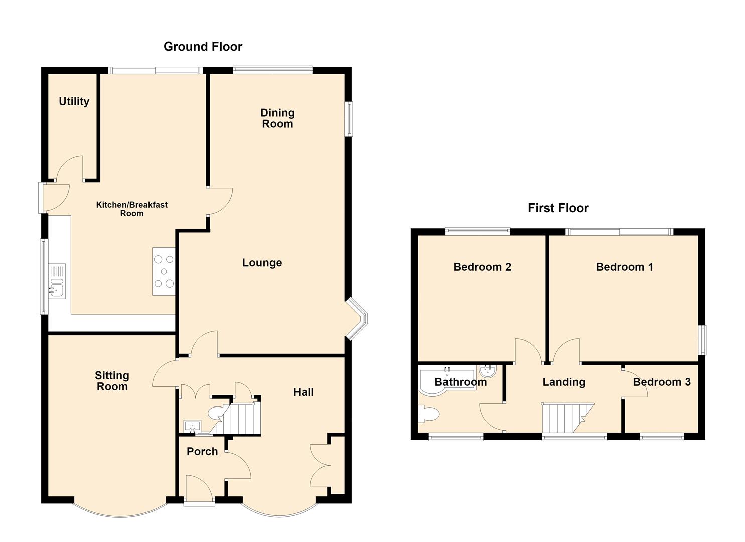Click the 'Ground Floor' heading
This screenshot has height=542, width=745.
click(203, 47)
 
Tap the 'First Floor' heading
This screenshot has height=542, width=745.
click(558, 208)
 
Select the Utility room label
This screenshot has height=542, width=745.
click(74, 101)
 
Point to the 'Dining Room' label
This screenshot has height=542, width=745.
click(278, 118)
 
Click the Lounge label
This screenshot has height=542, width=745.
click(262, 263)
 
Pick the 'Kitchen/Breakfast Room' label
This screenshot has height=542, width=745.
click(132, 209)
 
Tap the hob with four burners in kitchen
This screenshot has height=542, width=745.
click(164, 271)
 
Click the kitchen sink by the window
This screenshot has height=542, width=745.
click(57, 282)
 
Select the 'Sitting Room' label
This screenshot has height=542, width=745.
click(112, 381)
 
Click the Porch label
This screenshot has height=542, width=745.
click(202, 452)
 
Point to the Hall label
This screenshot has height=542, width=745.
click(304, 392)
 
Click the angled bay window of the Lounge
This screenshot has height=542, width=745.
click(357, 319)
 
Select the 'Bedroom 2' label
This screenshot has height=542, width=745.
click(482, 267)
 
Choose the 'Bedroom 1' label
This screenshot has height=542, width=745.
click(624, 267)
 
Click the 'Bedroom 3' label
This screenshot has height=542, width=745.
click(662, 382)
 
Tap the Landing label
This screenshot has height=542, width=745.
click(564, 382)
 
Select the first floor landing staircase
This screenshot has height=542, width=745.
click(568, 418)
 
